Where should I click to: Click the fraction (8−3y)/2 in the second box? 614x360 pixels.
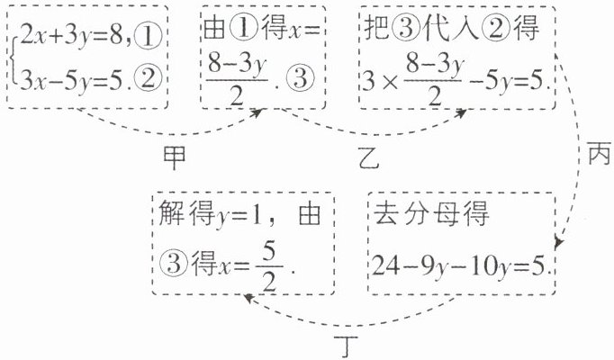tap(240, 79)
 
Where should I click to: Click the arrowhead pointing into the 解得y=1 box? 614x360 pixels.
tap(244, 303)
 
